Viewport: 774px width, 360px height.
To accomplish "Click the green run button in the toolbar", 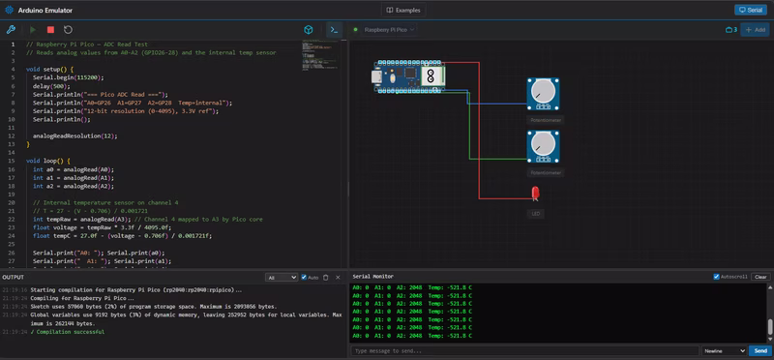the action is click(x=36, y=30).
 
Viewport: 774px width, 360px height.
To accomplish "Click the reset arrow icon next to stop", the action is click(x=68, y=30).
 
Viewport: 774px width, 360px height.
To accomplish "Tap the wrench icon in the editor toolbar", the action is click(x=11, y=30).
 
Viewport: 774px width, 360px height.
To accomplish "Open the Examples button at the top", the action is click(x=402, y=10).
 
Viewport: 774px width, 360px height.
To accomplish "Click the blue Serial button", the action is click(x=750, y=10).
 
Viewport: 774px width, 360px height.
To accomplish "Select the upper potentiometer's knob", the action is click(x=543, y=93).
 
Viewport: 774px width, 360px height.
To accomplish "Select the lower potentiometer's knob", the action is click(x=543, y=146).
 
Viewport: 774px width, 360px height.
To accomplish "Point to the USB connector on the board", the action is click(x=378, y=75).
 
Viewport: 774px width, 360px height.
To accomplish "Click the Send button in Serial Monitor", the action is click(x=759, y=350).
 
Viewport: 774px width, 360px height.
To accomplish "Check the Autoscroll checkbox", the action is click(x=719, y=277).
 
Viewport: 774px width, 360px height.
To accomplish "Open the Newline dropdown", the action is click(x=723, y=350).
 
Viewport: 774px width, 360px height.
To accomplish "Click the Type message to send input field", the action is click(x=522, y=350).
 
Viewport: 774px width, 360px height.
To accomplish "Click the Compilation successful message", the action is click(x=68, y=332).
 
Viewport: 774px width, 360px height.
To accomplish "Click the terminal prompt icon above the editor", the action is click(x=334, y=30).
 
